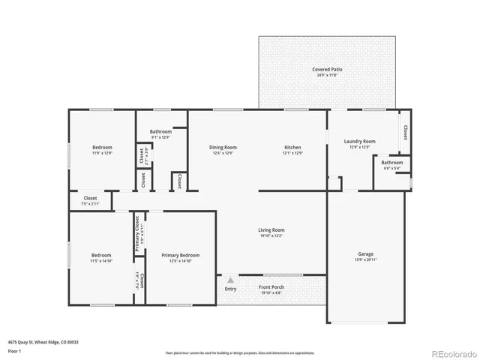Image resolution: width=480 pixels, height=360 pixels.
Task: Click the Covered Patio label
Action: pos(327,69)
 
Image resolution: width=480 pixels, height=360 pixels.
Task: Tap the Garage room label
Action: pos(365,254)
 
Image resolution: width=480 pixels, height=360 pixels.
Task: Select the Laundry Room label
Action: pos(359,141)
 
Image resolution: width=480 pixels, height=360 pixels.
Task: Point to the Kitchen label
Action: pos(292,147)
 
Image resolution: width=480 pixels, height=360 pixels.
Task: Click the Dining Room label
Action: pos(223,147)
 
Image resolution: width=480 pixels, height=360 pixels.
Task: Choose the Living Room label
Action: pos(271,230)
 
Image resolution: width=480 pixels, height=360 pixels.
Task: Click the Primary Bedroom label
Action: pos(180,255)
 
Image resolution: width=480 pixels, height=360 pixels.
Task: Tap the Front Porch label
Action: pos(271,287)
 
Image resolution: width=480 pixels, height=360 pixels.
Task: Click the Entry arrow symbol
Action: pos(230,279)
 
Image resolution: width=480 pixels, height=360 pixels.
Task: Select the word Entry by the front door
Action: pos(230,289)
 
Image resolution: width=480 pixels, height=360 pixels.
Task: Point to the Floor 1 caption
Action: pos(14,350)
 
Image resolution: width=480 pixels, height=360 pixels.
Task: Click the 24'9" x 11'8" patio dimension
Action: pos(327,75)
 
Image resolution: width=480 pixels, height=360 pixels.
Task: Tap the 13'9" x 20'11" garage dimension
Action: pos(365,260)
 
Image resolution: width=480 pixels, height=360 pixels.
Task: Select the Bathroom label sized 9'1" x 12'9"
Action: pos(160,132)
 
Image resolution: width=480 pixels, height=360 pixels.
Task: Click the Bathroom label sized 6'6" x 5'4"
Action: pos(391,162)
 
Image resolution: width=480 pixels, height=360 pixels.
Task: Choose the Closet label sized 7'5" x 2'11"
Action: pos(90,198)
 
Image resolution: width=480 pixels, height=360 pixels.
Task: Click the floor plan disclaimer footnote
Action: pos(240,352)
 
